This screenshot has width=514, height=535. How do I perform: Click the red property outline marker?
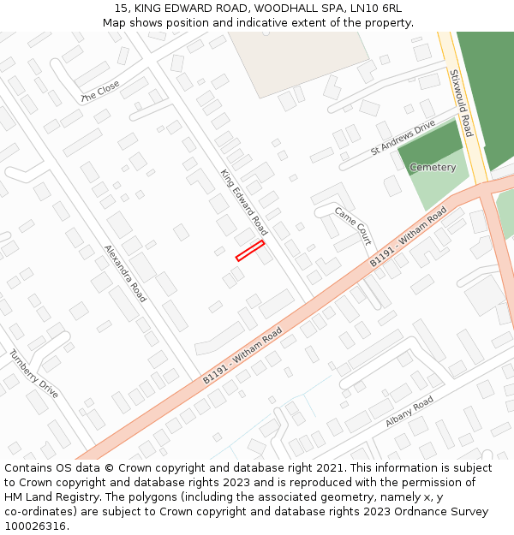pos(249,250)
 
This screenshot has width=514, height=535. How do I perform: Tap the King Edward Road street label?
pos(244,203)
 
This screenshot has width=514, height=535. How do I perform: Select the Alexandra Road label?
pos(125,273)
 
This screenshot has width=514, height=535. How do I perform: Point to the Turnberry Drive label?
pos(34,374)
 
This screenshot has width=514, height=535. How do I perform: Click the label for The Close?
pos(100,92)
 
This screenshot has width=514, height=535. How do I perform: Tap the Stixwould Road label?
pos(460,103)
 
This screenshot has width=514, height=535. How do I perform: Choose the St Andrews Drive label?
pos(403,138)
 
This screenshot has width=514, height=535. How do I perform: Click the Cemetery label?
pos(433,168)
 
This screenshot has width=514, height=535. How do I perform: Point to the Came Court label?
pos(353,226)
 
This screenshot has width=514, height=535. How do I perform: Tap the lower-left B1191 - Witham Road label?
pos(242,356)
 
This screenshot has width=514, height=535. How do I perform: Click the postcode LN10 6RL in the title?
pos(374,9)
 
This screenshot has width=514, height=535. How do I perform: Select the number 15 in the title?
pos(121,9)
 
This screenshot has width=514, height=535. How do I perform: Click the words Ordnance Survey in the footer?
pos(442,512)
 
